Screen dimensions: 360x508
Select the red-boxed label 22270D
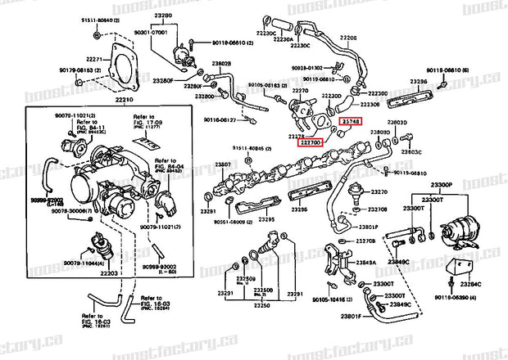click(x=311, y=142)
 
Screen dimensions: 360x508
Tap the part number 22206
click(x=349, y=38)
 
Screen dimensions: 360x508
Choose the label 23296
click(x=420, y=83)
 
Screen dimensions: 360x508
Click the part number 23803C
click(x=411, y=152)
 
